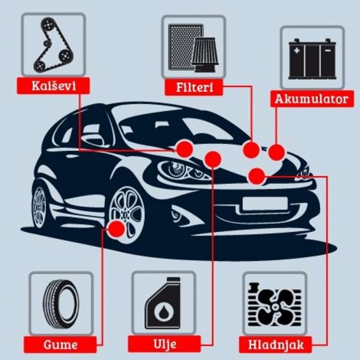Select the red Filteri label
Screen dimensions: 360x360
point(195,87)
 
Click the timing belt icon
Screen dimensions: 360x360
point(49,43)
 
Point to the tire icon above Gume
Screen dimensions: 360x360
point(60,303)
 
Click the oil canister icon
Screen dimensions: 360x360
point(163,303)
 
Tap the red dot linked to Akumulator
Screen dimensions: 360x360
point(276,152)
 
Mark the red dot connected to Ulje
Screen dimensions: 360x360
point(214,159)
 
